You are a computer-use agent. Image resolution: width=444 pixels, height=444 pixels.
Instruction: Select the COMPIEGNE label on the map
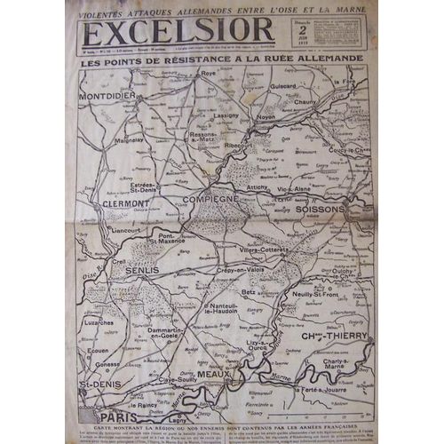pos(212,201)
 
